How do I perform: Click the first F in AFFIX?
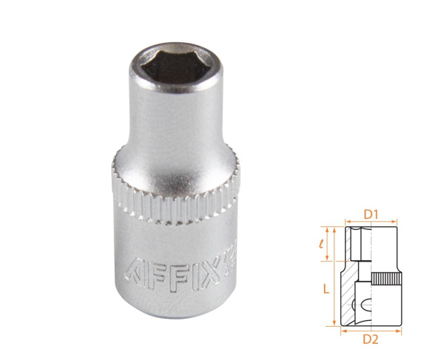click(x=158, y=273)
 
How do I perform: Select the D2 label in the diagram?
click(x=371, y=341)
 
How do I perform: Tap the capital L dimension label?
click(x=326, y=290)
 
